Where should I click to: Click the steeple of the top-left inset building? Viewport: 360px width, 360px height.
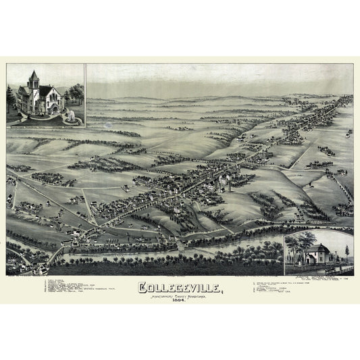click(33, 76)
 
